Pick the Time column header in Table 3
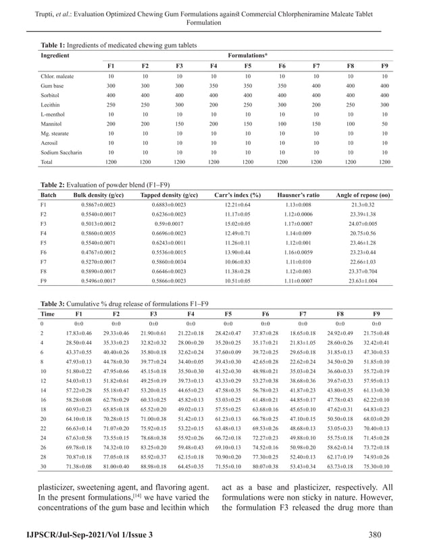tap(48, 314)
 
